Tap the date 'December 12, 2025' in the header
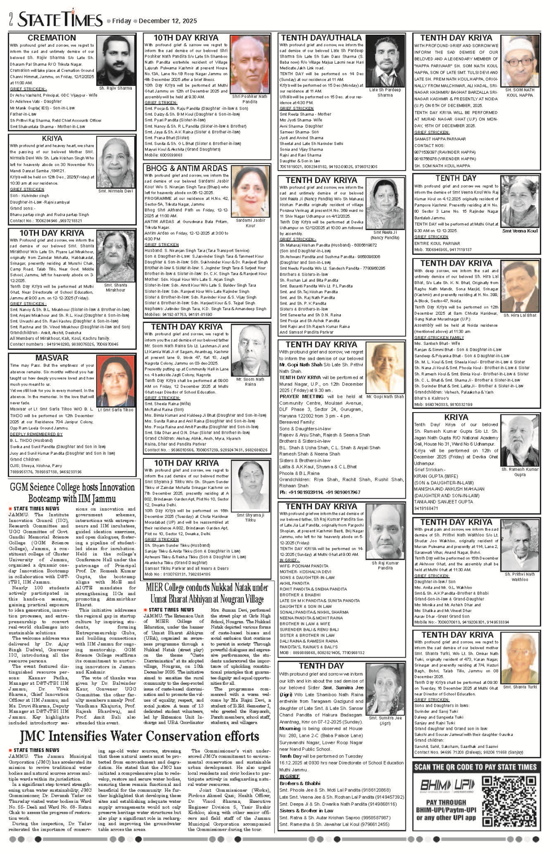point(167,21)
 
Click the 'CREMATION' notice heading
point(52,38)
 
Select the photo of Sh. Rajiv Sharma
point(115,60)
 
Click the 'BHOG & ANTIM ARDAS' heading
point(186,168)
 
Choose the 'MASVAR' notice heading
point(52,358)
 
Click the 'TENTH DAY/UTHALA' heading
point(321,38)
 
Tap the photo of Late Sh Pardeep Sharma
point(385,61)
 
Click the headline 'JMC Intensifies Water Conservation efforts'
point(140,736)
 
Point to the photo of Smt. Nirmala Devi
point(115,163)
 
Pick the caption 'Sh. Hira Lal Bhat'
point(520,315)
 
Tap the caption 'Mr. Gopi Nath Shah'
point(385,397)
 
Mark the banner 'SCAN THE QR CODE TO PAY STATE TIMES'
point(476,767)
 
